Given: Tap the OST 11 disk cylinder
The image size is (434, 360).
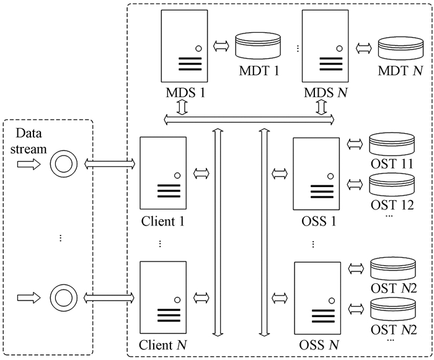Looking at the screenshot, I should (x=391, y=145).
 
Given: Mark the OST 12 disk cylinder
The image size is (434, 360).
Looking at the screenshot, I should (x=391, y=184).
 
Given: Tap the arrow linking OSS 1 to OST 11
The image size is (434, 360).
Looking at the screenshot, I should (x=355, y=144).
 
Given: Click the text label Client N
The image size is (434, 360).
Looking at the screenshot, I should (x=164, y=345).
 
